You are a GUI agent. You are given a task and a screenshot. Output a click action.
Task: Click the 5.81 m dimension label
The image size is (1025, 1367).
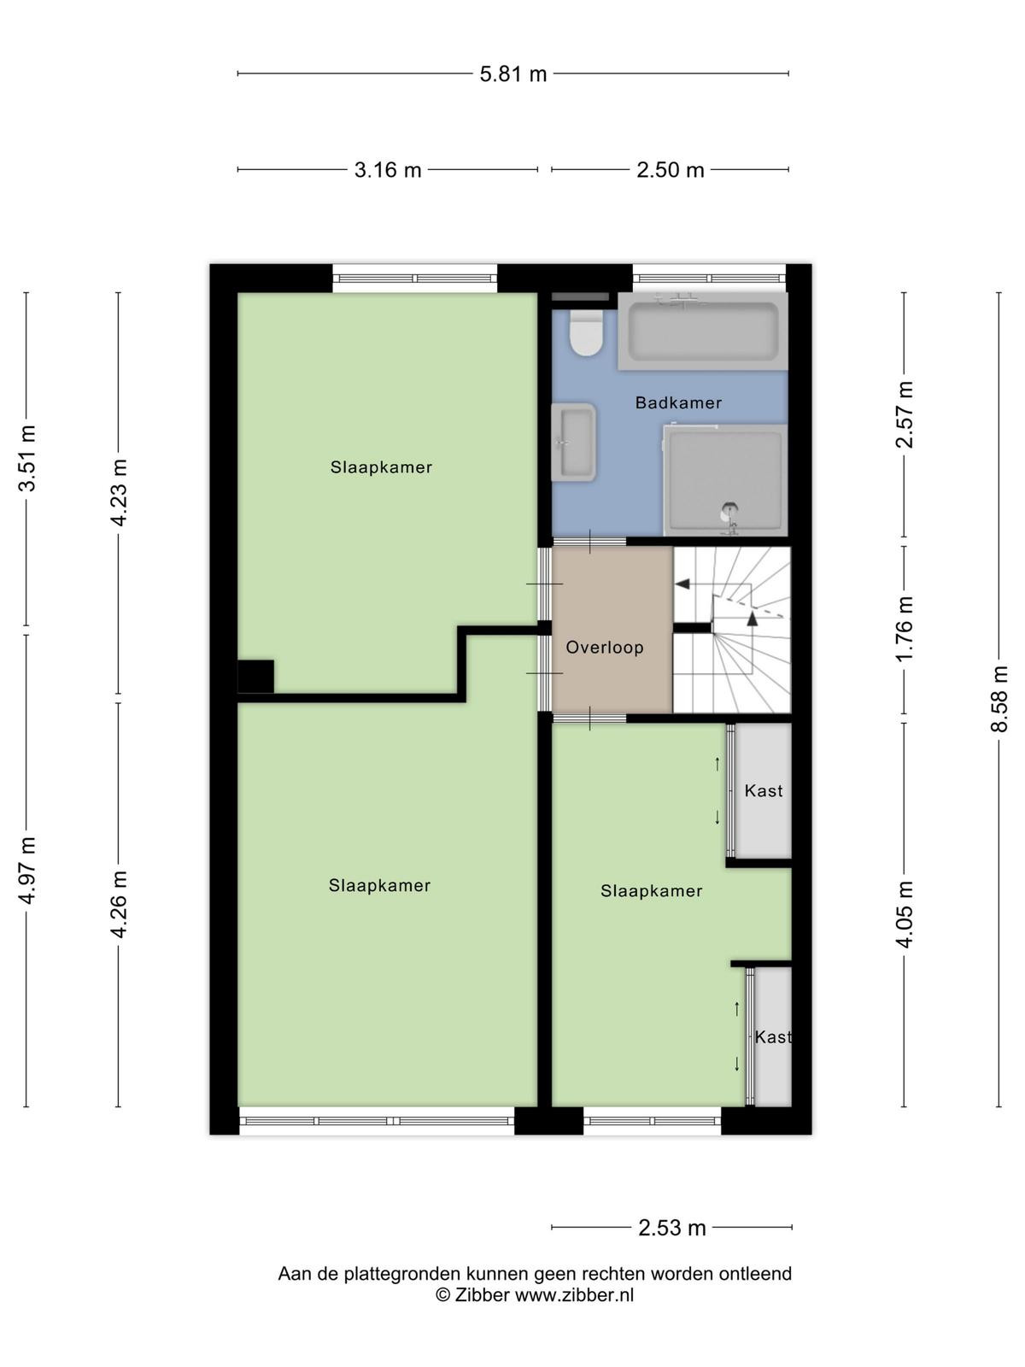[512, 74]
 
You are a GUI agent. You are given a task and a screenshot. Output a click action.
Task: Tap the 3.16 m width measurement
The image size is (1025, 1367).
[388, 169]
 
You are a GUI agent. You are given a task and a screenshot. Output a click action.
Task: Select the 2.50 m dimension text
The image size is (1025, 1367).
[670, 169]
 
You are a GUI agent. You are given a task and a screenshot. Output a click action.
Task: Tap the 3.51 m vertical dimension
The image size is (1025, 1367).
[26, 458]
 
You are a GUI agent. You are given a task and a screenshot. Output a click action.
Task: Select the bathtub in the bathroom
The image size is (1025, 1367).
[703, 331]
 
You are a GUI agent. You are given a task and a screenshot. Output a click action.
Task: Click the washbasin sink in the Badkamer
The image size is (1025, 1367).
[573, 442]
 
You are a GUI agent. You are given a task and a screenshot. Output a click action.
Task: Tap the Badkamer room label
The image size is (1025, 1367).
[678, 402]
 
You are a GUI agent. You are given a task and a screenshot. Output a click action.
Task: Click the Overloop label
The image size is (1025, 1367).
[604, 648]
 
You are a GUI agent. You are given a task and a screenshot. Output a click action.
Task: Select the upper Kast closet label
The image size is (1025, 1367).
[763, 791]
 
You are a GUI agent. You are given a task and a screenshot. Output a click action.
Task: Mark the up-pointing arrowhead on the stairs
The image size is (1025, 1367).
[753, 619]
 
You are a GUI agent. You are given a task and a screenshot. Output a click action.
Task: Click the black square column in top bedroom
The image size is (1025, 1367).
[255, 677]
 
